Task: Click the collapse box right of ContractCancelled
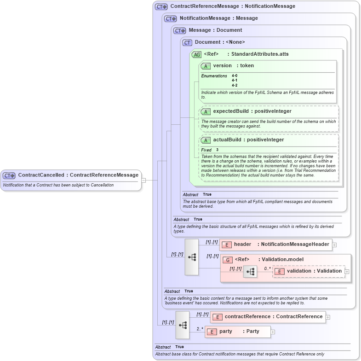143,180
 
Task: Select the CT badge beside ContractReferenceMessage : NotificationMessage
161,7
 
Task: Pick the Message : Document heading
215,30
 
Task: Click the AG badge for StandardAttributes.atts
197,54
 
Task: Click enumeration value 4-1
235,80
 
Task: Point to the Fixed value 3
218,150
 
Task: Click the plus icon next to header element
334,245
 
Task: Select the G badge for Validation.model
227,260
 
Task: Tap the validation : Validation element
314,271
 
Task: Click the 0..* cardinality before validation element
267,268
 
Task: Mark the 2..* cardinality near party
200,329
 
